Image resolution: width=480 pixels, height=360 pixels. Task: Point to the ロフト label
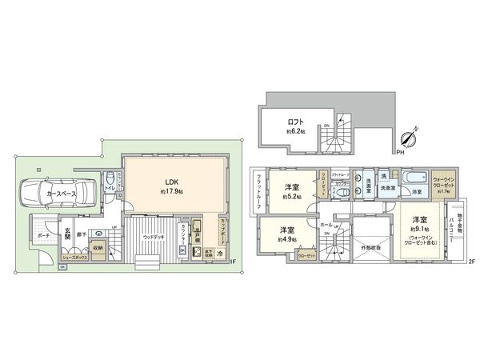coord(296,122)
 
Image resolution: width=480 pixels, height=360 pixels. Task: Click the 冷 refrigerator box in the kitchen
coord(219,254)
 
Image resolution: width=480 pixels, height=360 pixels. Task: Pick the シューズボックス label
coord(73,258)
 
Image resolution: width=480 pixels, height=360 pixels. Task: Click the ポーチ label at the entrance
coord(43,235)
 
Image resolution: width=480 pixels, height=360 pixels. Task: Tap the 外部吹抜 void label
coord(370,247)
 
